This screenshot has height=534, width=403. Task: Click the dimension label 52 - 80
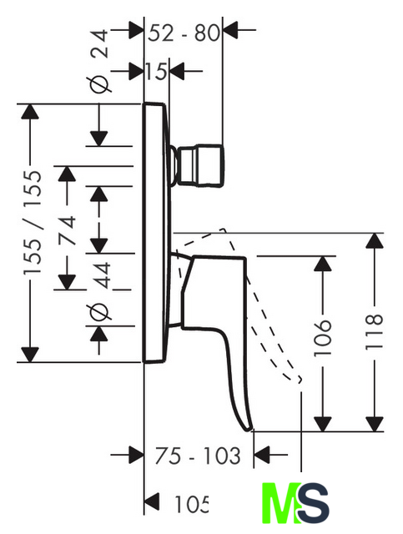[184, 33]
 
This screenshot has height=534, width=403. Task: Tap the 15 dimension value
[157, 72]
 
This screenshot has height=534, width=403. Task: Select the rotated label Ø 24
[99, 61]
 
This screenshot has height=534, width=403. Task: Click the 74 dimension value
[67, 230]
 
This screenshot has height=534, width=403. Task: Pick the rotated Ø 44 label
[100, 291]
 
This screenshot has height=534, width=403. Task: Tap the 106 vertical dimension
[322, 338]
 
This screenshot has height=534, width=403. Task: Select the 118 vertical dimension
[374, 332]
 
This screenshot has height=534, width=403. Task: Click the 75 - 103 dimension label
[197, 456]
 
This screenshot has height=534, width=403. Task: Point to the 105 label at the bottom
[191, 504]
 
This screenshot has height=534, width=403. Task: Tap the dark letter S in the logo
[314, 503]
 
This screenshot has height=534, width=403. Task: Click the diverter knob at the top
[199, 166]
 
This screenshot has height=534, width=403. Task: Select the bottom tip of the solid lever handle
[249, 431]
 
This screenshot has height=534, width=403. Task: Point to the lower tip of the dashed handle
[300, 380]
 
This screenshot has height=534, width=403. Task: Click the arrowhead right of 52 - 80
[230, 30]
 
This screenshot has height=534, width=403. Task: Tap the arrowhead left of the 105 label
[152, 502]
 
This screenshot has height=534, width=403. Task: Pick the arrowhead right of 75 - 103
[262, 454]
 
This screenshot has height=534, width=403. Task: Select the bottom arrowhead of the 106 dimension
[322, 424]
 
